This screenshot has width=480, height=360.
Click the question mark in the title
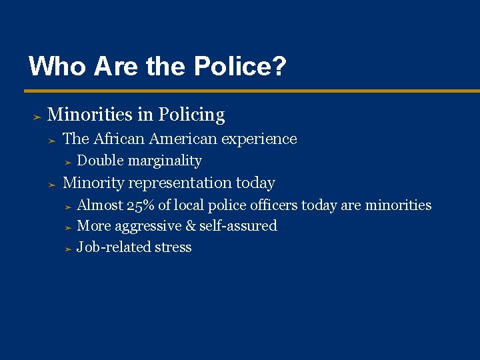[280, 66]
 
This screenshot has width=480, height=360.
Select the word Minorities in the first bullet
[90, 115]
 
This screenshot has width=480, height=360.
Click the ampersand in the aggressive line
[191, 226]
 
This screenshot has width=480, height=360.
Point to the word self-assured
[238, 226]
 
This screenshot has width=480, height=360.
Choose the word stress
[173, 247]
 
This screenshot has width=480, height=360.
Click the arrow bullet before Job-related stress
[67, 248]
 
